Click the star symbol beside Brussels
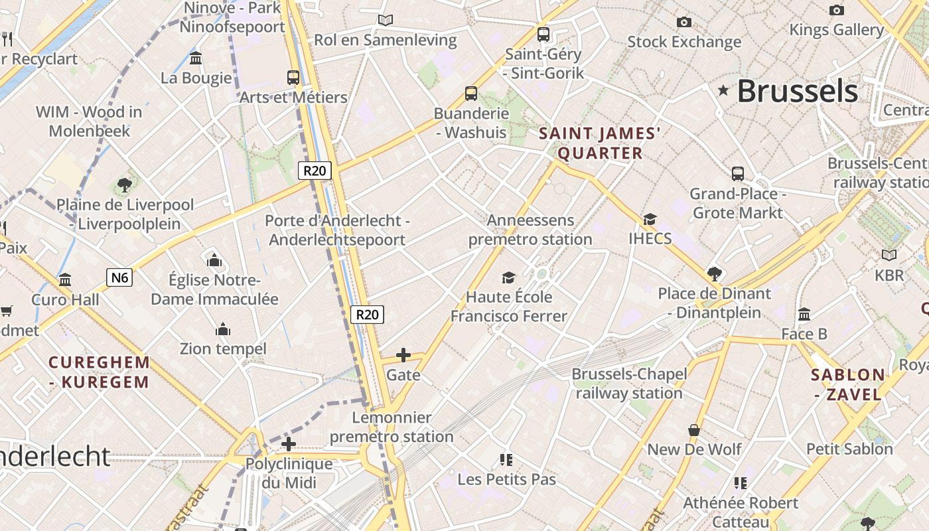pos(723,90)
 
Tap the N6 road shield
pos(119,277)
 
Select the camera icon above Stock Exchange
pos(684,22)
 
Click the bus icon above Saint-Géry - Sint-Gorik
pos(543,33)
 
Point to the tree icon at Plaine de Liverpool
pos(124,185)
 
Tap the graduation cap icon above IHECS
pos(650,219)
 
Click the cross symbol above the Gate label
pos(403,355)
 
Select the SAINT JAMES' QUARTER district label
pos(600,143)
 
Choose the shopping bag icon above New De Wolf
pos(694,430)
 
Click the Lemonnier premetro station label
pos(392,427)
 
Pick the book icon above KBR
pos(889,255)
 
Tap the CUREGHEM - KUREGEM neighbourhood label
pos(99,372)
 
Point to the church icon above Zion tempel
pos(223,329)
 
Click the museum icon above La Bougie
pos(196,58)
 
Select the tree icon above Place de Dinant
pos(714,273)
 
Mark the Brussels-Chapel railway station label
pos(629,384)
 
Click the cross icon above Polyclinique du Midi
pos(288,444)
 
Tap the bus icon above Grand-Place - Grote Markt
pos(737,174)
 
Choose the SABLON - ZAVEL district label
pos(848,384)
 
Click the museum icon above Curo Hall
pos(65,280)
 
